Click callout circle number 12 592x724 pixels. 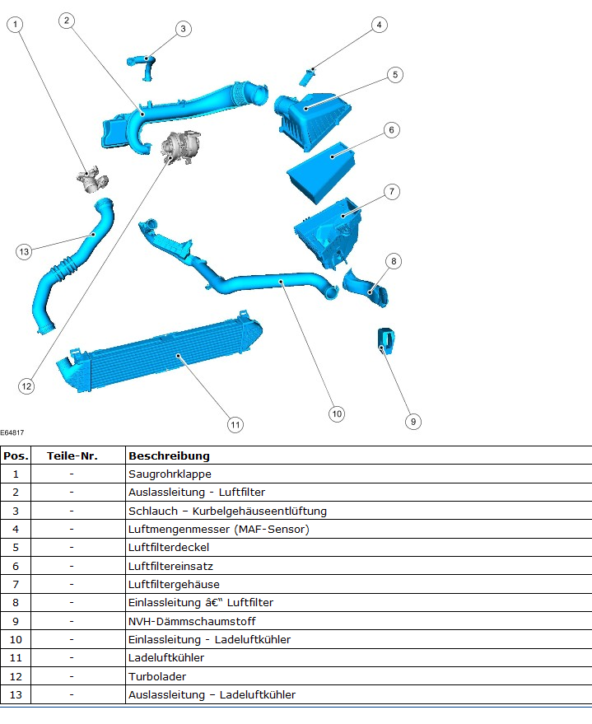point(26,385)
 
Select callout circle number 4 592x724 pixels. point(379,25)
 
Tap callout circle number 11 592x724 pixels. point(235,425)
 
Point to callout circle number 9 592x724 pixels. point(413,422)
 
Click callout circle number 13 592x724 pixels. point(24,251)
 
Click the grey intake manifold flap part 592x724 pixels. point(92,180)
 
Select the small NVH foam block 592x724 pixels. point(385,339)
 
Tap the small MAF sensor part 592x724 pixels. point(308,77)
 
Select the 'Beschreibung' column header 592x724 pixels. point(169,455)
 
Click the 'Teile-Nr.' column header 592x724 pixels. point(72,455)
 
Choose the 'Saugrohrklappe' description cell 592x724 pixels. point(170,474)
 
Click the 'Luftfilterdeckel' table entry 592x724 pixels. point(169,547)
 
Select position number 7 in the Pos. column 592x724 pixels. point(15,584)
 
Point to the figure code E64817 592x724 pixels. point(12,432)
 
